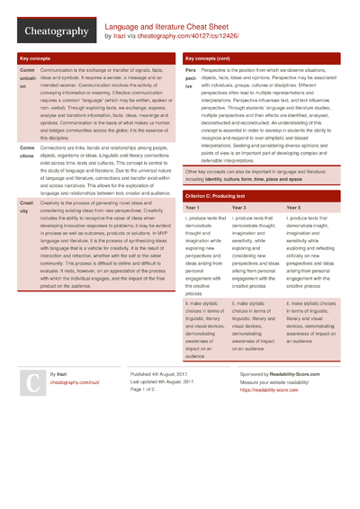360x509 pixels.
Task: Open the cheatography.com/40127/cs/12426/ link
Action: point(180,37)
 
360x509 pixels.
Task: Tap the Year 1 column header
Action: point(194,233)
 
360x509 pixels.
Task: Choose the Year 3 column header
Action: point(240,233)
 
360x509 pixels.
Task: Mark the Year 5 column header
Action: point(293,233)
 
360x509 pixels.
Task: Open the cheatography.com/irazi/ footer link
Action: point(75,381)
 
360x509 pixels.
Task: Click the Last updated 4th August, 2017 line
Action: point(164,380)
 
